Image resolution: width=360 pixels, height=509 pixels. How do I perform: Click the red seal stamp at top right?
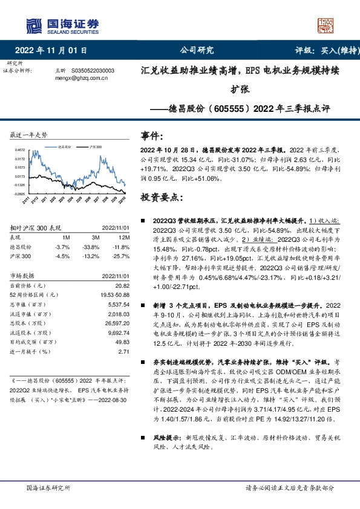tap(326, 25)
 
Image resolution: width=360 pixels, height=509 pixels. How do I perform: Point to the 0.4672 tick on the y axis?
tap(21, 150)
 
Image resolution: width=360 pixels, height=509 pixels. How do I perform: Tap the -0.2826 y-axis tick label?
tap(21, 193)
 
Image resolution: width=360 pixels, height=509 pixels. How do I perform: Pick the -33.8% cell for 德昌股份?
tap(91, 247)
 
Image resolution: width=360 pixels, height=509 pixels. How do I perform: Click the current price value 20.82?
tap(122, 285)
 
